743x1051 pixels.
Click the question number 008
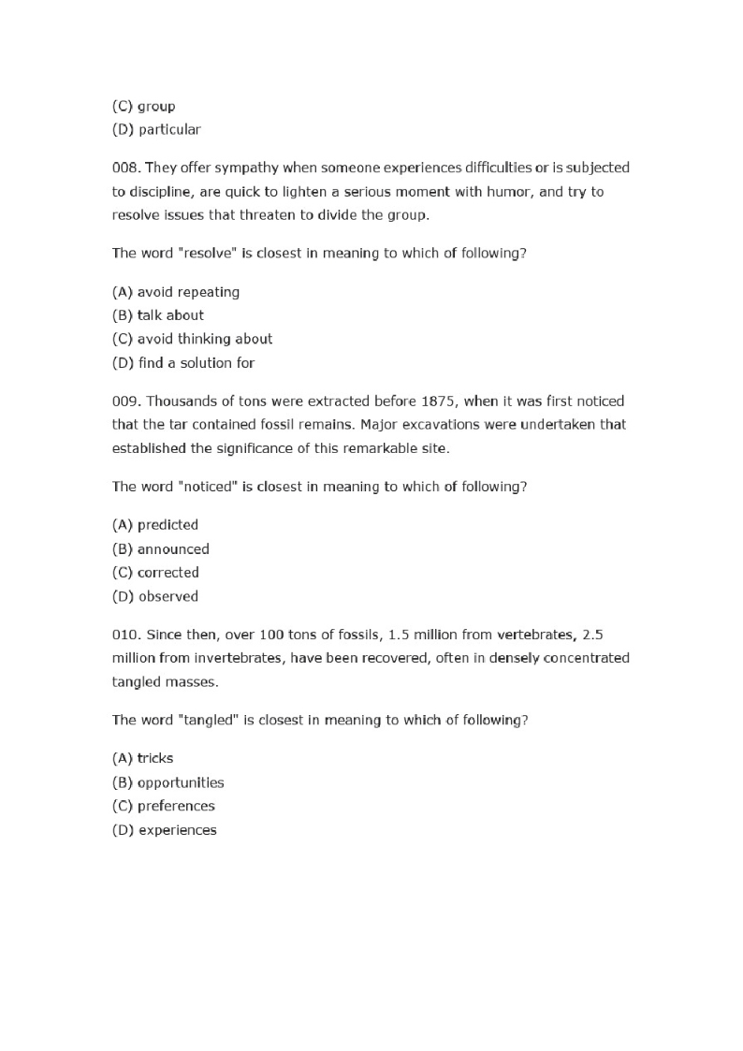coord(125,168)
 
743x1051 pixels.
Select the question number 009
coord(125,401)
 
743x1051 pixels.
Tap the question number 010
coord(125,635)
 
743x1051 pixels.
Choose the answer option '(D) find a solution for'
coord(183,362)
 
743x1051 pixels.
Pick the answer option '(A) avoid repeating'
coord(176,292)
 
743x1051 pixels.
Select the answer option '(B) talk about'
coord(157,315)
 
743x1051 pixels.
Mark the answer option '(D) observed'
coord(155,596)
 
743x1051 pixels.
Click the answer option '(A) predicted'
coord(155,525)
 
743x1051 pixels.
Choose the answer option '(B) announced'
coord(160,549)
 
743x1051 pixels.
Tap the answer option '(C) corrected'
coord(155,573)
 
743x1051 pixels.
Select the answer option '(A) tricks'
coord(142,758)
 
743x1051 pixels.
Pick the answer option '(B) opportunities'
coord(168,782)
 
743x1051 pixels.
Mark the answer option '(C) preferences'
coord(164,806)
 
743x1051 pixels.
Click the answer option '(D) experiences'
coord(164,830)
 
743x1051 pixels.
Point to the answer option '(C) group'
coord(143,106)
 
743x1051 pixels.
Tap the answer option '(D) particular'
coord(156,129)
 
